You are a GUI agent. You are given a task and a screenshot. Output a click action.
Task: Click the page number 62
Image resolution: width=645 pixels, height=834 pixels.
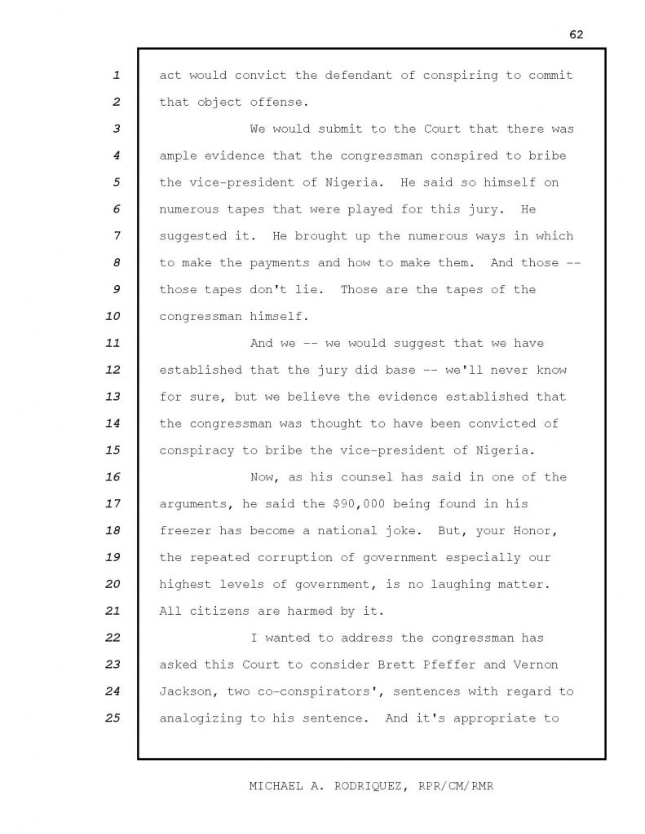coord(577,34)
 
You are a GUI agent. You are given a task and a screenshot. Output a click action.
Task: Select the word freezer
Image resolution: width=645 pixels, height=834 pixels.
coord(187,531)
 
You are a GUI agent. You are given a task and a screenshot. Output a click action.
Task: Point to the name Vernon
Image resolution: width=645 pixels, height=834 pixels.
coord(535,665)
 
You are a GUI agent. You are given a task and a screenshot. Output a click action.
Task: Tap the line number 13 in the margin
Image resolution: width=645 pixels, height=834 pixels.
coord(113,397)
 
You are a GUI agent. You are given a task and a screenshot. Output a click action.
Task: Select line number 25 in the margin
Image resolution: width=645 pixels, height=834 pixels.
coord(113,718)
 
